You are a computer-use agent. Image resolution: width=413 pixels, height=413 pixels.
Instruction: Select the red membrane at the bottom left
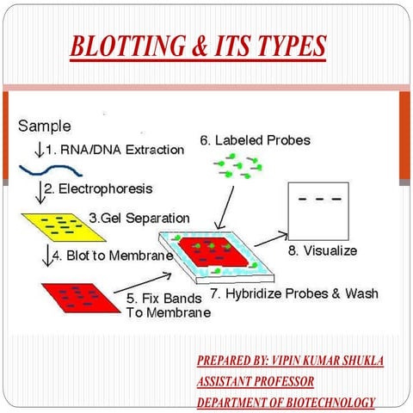pyautogui.click(x=77, y=298)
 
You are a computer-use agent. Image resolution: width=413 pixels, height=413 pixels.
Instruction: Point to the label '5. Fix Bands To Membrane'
pyautogui.click(x=169, y=305)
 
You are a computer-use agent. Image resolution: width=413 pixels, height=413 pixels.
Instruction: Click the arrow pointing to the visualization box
pyautogui.click(x=271, y=238)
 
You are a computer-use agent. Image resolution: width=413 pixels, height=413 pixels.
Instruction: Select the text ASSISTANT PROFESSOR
pyautogui.click(x=256, y=381)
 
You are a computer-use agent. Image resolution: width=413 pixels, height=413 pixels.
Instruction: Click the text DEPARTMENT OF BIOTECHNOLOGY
pyautogui.click(x=286, y=402)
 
